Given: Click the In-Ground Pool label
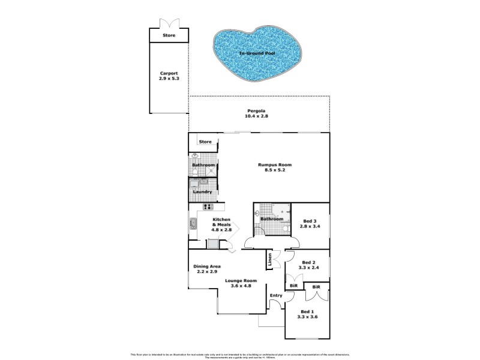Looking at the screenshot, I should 257,54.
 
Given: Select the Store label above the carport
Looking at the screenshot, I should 169,36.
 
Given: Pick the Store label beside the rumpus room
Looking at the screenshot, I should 206,142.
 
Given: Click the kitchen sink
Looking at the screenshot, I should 194,224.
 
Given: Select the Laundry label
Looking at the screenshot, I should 203,192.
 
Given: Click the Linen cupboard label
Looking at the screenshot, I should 271,260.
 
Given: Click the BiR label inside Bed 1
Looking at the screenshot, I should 316,287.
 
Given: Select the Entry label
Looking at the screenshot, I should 276,295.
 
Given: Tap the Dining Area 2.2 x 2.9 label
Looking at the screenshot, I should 207,269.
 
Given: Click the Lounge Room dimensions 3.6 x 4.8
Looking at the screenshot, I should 241,286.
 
